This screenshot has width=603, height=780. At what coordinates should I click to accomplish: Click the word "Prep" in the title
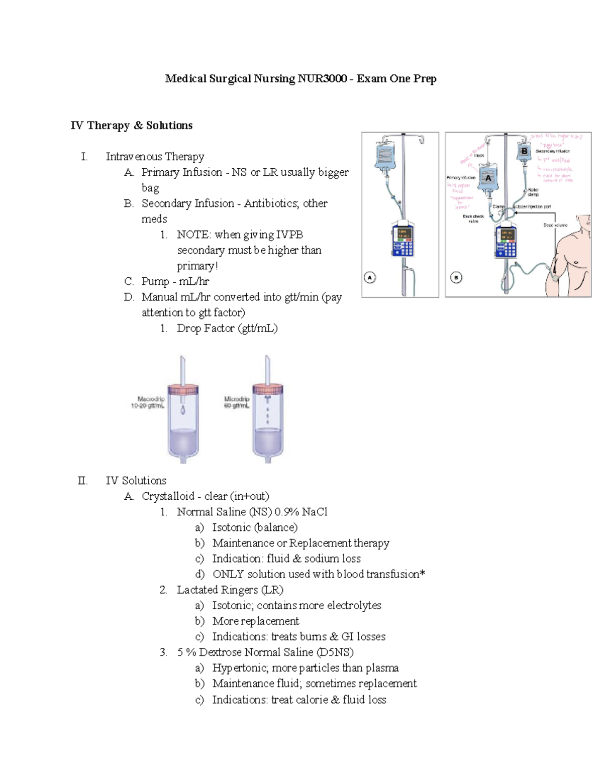425,79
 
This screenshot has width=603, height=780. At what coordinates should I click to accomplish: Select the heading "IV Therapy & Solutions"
131,126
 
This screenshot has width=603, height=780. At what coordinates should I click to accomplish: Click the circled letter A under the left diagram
370,277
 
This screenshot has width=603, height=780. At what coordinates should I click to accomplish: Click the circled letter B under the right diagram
456,277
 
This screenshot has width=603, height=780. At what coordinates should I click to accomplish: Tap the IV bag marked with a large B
524,151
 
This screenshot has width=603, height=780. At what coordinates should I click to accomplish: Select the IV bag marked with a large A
487,178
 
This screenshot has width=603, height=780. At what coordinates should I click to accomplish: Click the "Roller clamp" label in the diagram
533,192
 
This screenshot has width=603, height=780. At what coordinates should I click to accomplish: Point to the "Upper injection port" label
533,206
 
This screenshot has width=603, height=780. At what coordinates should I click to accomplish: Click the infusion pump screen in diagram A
404,234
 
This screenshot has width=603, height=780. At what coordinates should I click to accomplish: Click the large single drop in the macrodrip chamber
183,410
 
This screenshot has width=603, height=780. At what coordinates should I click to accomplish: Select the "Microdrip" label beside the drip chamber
236,399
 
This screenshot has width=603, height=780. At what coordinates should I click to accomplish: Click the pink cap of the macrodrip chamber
183,388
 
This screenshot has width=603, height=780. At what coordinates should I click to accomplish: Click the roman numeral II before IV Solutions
82,481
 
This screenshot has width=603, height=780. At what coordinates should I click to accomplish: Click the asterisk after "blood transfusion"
423,573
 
